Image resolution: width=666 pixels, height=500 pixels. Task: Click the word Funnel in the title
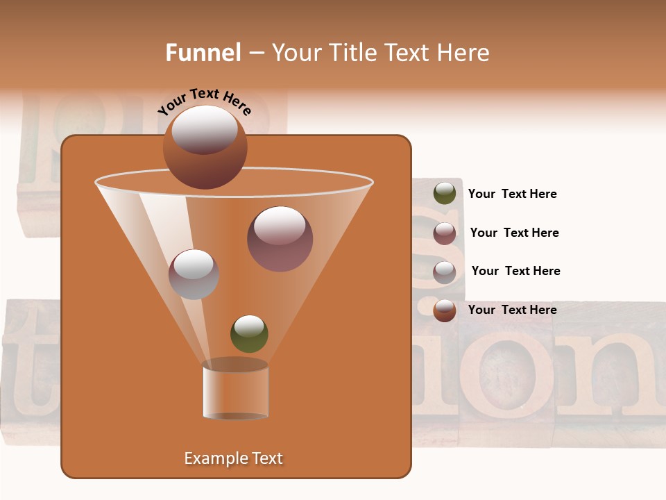coord(203,53)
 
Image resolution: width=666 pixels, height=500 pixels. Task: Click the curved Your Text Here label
coord(205,101)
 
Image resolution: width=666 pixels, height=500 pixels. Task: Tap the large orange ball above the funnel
coord(205,147)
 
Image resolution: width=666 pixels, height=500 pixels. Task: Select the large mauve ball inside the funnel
coord(280,239)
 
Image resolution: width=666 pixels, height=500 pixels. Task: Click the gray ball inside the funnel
coord(194,274)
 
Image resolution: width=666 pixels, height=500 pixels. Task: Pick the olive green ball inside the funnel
coord(249,333)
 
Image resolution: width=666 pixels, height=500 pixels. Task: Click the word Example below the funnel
coord(214,458)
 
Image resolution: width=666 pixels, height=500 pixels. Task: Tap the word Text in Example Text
coord(267,458)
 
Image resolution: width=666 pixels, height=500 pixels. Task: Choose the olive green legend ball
coord(445,194)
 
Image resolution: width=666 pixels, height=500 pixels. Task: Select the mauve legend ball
coord(445,233)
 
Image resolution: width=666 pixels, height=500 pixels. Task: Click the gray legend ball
coord(445,272)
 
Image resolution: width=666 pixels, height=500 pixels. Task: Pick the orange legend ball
coord(445,310)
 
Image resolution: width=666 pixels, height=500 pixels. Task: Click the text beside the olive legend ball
coord(512,194)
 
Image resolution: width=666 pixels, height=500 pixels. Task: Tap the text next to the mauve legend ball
coord(514,233)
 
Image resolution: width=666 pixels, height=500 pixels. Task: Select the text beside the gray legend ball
coord(515,271)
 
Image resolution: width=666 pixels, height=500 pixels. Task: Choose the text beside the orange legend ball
coord(512,310)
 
